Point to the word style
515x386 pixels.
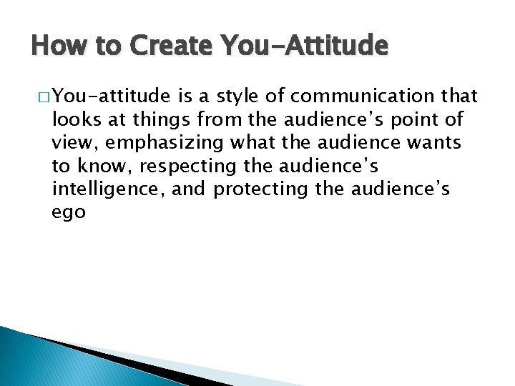pos(242,96)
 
